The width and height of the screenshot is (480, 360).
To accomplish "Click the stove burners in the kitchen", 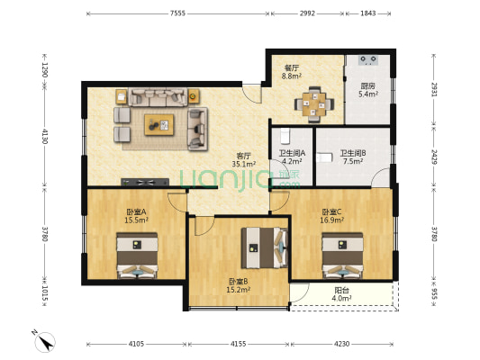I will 369,61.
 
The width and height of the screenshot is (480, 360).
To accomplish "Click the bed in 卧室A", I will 136,254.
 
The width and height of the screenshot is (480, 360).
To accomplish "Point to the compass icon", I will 42,340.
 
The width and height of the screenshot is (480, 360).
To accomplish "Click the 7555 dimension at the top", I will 177,13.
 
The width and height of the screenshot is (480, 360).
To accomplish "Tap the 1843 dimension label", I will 369,13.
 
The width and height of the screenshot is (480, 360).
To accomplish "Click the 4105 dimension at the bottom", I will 135,345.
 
